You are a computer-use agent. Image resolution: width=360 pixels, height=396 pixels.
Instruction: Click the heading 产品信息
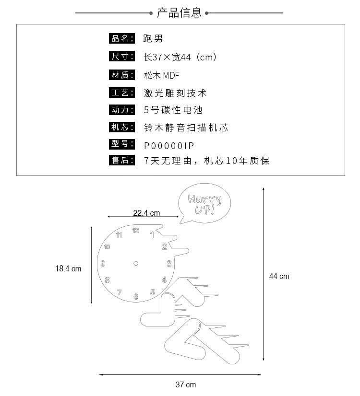(180, 13)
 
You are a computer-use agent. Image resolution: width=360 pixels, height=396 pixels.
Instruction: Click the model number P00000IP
(169, 145)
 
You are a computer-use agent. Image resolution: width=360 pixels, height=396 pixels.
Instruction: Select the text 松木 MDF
(161, 75)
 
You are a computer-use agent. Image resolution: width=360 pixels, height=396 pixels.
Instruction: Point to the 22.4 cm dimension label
(146, 213)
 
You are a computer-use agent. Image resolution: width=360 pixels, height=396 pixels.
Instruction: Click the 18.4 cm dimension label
(68, 268)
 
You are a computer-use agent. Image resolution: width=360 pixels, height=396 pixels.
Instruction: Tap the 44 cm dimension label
(279, 276)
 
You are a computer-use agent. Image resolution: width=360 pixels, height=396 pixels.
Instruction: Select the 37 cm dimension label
(185, 384)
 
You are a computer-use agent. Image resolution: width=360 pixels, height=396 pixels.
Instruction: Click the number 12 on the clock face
(136, 230)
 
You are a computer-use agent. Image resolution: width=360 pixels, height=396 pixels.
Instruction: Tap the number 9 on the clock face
(102, 263)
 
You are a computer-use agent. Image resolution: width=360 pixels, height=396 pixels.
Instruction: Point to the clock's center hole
(136, 263)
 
